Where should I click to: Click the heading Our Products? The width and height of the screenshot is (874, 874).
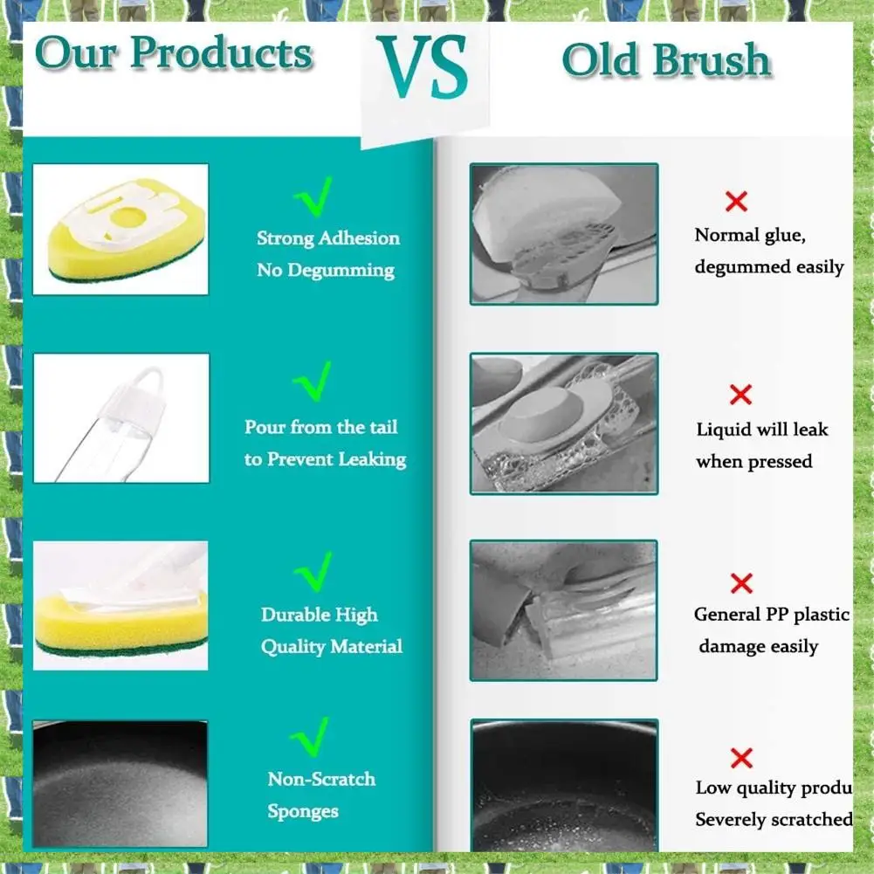[x=174, y=54]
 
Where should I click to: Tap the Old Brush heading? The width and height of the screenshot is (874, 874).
[x=666, y=60]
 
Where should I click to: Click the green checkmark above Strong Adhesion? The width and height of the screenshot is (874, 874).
[x=312, y=197]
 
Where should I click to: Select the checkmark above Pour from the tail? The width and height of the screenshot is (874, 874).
[x=312, y=382]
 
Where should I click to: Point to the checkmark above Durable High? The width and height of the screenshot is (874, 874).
[x=312, y=572]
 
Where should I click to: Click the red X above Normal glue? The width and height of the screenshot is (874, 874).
[x=736, y=202]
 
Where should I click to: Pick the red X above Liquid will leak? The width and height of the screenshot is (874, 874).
[x=740, y=395]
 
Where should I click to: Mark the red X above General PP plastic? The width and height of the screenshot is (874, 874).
[x=741, y=582]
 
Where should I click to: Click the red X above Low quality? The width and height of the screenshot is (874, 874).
[x=741, y=756]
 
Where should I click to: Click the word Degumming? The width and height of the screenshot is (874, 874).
[x=340, y=271]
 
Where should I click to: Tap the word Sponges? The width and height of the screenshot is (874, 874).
[x=303, y=811]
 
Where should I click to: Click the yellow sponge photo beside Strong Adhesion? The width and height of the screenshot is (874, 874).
[x=120, y=230]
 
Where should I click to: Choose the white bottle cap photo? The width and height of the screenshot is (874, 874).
[x=120, y=418]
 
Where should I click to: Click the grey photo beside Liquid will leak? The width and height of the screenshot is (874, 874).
[x=563, y=423]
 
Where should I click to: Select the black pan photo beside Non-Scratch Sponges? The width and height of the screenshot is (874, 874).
[x=120, y=783]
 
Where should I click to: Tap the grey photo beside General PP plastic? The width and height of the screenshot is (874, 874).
[x=563, y=609]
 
